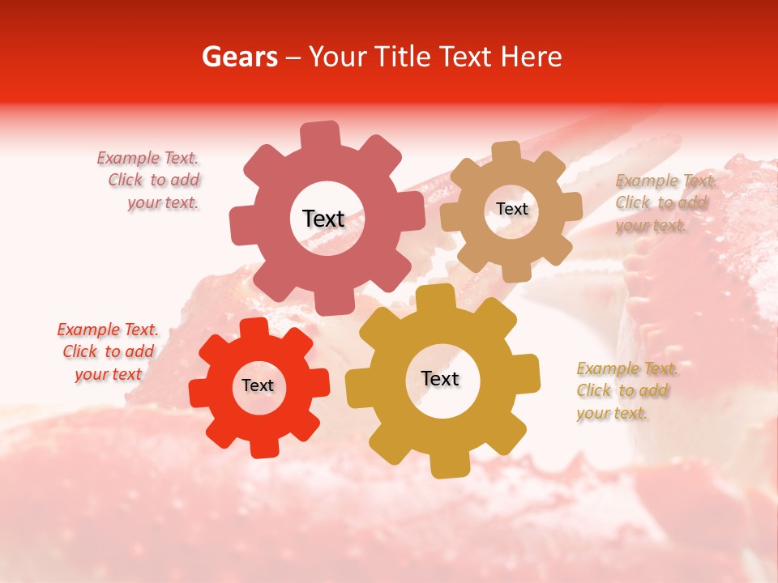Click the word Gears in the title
pos(239,57)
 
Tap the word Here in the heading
pos(531,57)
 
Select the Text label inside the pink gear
pos(323,219)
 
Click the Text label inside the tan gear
pos(512,209)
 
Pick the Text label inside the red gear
pos(258,385)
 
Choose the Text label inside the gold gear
pos(440,378)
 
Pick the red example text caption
pos(108,351)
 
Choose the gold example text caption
pos(626,390)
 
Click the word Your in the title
pos(337,57)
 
